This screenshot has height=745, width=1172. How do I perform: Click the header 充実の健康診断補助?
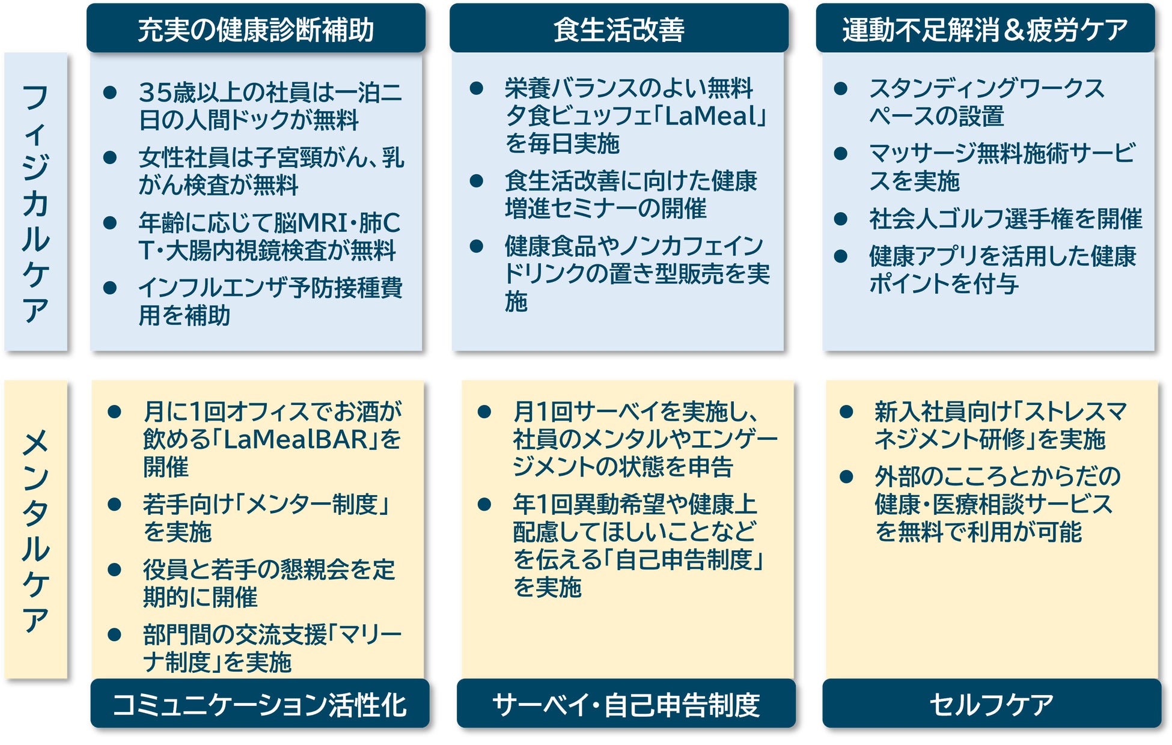[255, 29]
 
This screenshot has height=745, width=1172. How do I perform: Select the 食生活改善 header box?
[618, 29]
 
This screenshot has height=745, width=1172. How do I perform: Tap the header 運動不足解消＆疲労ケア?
[984, 29]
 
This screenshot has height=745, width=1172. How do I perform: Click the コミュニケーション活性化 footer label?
[260, 704]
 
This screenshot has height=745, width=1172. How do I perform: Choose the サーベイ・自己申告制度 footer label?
[626, 704]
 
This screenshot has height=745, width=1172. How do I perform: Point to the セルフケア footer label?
[991, 704]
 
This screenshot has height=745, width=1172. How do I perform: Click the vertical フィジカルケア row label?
[35, 202]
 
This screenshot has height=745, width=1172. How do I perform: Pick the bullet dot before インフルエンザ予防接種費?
[110, 288]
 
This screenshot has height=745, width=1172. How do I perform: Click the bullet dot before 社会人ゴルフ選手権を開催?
[841, 219]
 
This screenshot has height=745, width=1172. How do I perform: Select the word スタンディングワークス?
[986, 88]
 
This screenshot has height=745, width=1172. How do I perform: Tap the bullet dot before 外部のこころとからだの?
[846, 477]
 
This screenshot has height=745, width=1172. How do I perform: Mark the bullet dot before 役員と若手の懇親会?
[114, 570]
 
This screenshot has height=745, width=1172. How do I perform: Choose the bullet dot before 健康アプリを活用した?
[841, 257]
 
